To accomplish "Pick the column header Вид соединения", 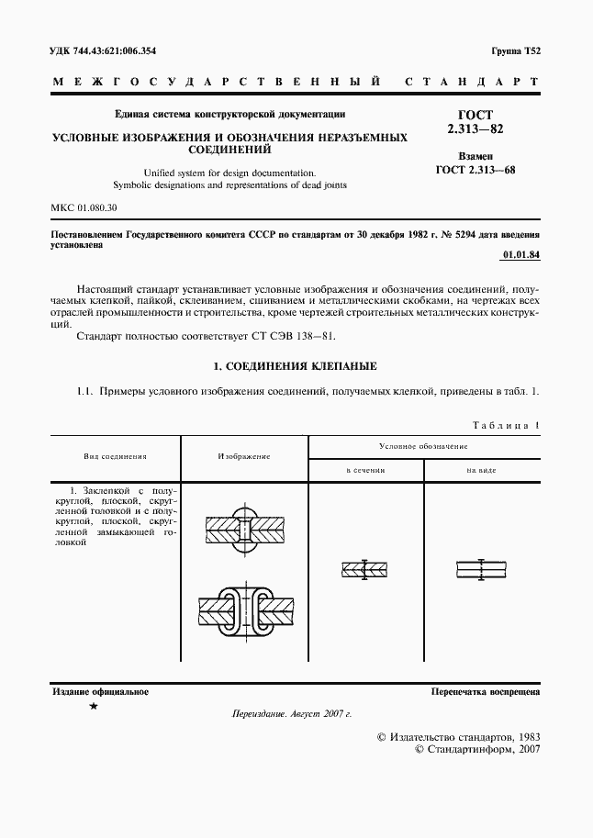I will [115, 455].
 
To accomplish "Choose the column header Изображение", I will [243, 455].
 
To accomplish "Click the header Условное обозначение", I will [423, 445].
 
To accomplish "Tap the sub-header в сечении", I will [364, 469].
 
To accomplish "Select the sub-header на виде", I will [481, 469].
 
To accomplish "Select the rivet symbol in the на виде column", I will [481, 569].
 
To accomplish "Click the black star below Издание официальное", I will [93, 707].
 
